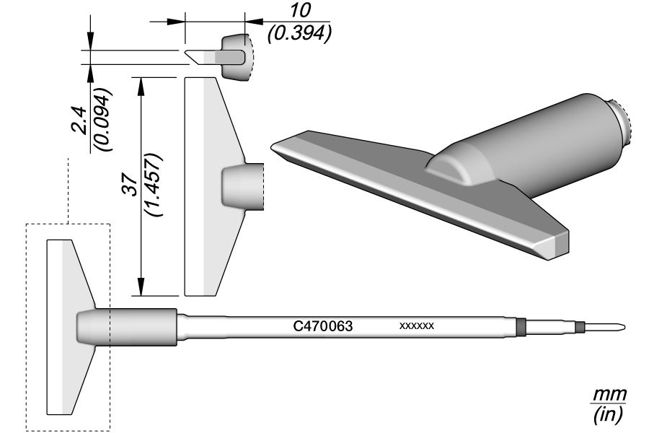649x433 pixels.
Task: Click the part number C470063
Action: click(x=322, y=326)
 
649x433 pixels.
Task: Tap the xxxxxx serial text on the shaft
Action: click(x=416, y=326)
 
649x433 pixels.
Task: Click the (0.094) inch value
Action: click(x=102, y=121)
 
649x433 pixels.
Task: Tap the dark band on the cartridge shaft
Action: click(x=521, y=326)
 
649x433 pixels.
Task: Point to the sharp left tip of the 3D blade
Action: click(x=273, y=147)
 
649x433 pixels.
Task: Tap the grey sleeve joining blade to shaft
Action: click(x=127, y=326)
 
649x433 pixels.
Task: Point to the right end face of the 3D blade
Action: click(x=562, y=243)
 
